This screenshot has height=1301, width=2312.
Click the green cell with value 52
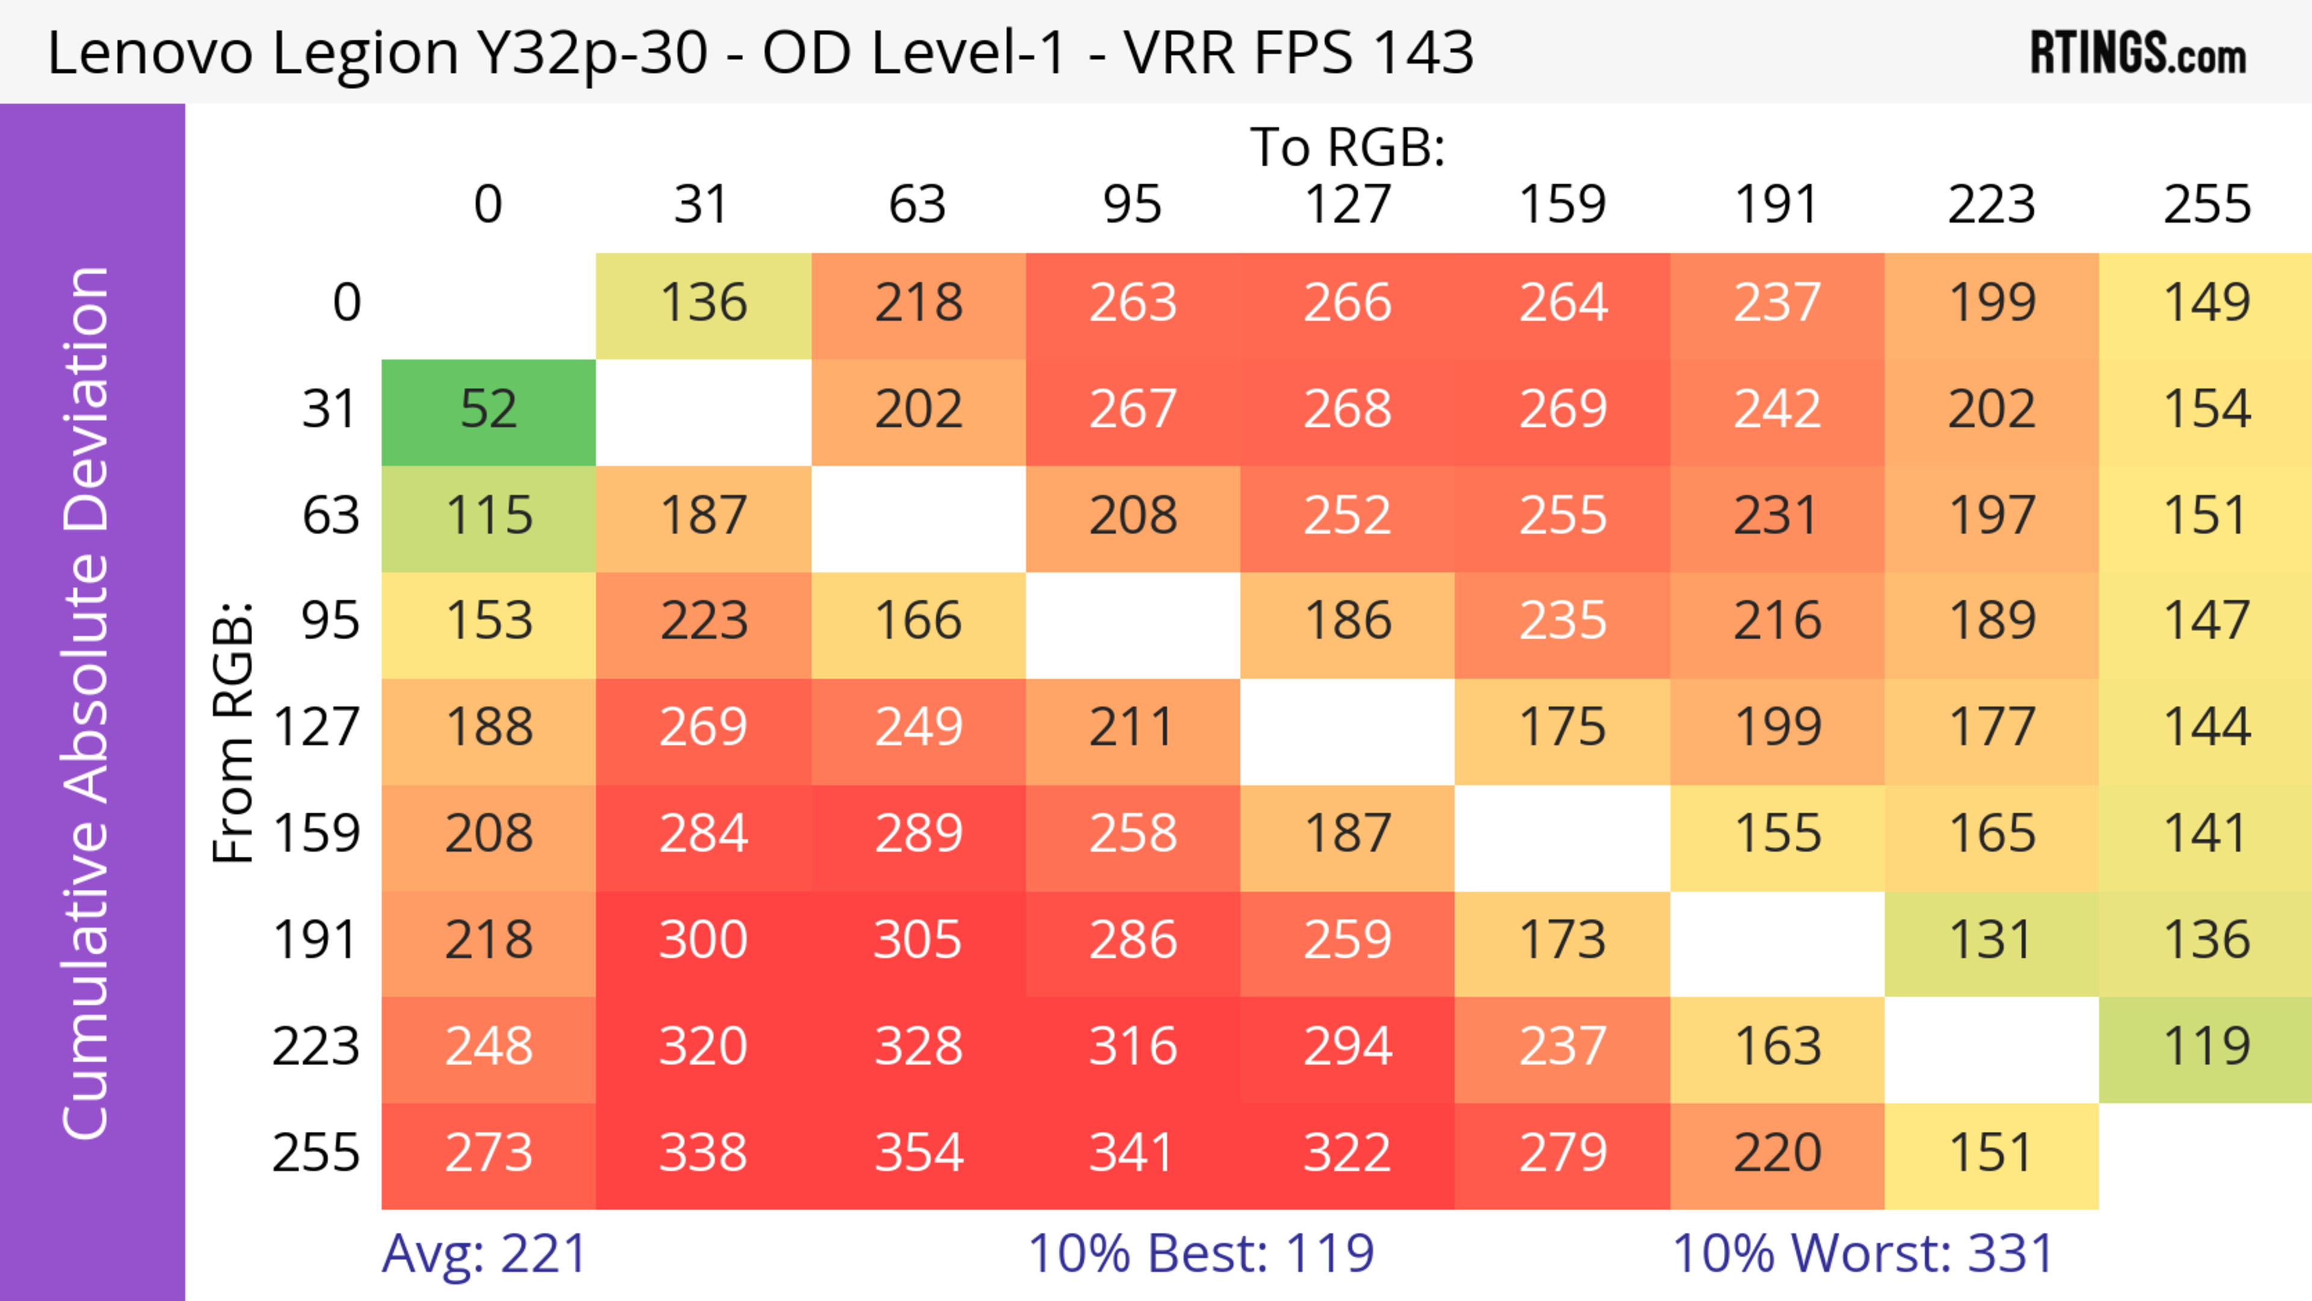click(488, 410)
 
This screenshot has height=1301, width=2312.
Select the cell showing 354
click(918, 1153)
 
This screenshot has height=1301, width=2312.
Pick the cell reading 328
click(918, 1047)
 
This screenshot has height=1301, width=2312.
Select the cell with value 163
click(1777, 1047)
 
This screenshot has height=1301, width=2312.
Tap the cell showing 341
click(1133, 1153)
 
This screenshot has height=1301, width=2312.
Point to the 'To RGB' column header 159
click(1562, 205)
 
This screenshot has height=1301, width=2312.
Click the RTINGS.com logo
click(2138, 54)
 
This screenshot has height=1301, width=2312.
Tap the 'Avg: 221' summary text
click(485, 1253)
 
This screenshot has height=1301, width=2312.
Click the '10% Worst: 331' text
click(1863, 1253)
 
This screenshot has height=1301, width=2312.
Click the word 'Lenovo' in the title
click(150, 54)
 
